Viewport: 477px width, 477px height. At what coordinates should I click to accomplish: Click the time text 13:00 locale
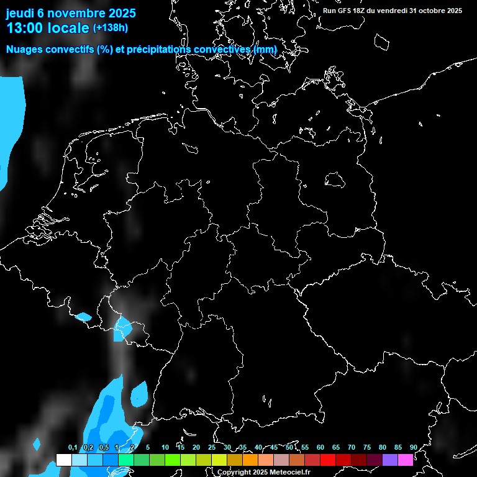pos(47,27)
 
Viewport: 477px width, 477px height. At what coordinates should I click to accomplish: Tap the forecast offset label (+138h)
pos(110,27)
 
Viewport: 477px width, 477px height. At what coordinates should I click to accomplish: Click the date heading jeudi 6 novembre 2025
pos(71,12)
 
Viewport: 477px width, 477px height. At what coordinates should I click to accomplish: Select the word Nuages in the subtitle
pos(25,49)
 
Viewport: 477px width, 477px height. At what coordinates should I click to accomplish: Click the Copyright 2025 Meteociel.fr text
pos(263,472)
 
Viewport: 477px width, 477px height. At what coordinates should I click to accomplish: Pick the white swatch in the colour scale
pos(63,460)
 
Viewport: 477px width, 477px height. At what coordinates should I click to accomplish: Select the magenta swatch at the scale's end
pos(406,460)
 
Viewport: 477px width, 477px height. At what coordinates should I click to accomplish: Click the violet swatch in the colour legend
pos(390,460)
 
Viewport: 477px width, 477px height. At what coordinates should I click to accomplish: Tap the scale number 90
pos(413,447)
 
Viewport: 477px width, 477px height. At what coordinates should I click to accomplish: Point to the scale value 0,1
pos(73,447)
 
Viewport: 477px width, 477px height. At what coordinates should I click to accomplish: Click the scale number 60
pos(320,447)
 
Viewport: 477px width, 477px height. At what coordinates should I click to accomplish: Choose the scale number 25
pos(211,447)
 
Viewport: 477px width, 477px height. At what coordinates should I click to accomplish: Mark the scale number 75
pos(366,447)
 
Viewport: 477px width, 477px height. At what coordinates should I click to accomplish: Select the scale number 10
pos(165,447)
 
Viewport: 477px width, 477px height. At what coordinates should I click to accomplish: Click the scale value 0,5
pos(104,447)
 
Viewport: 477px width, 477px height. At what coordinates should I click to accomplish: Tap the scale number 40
pos(258,447)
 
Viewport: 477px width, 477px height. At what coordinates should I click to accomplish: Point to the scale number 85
pos(397,447)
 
